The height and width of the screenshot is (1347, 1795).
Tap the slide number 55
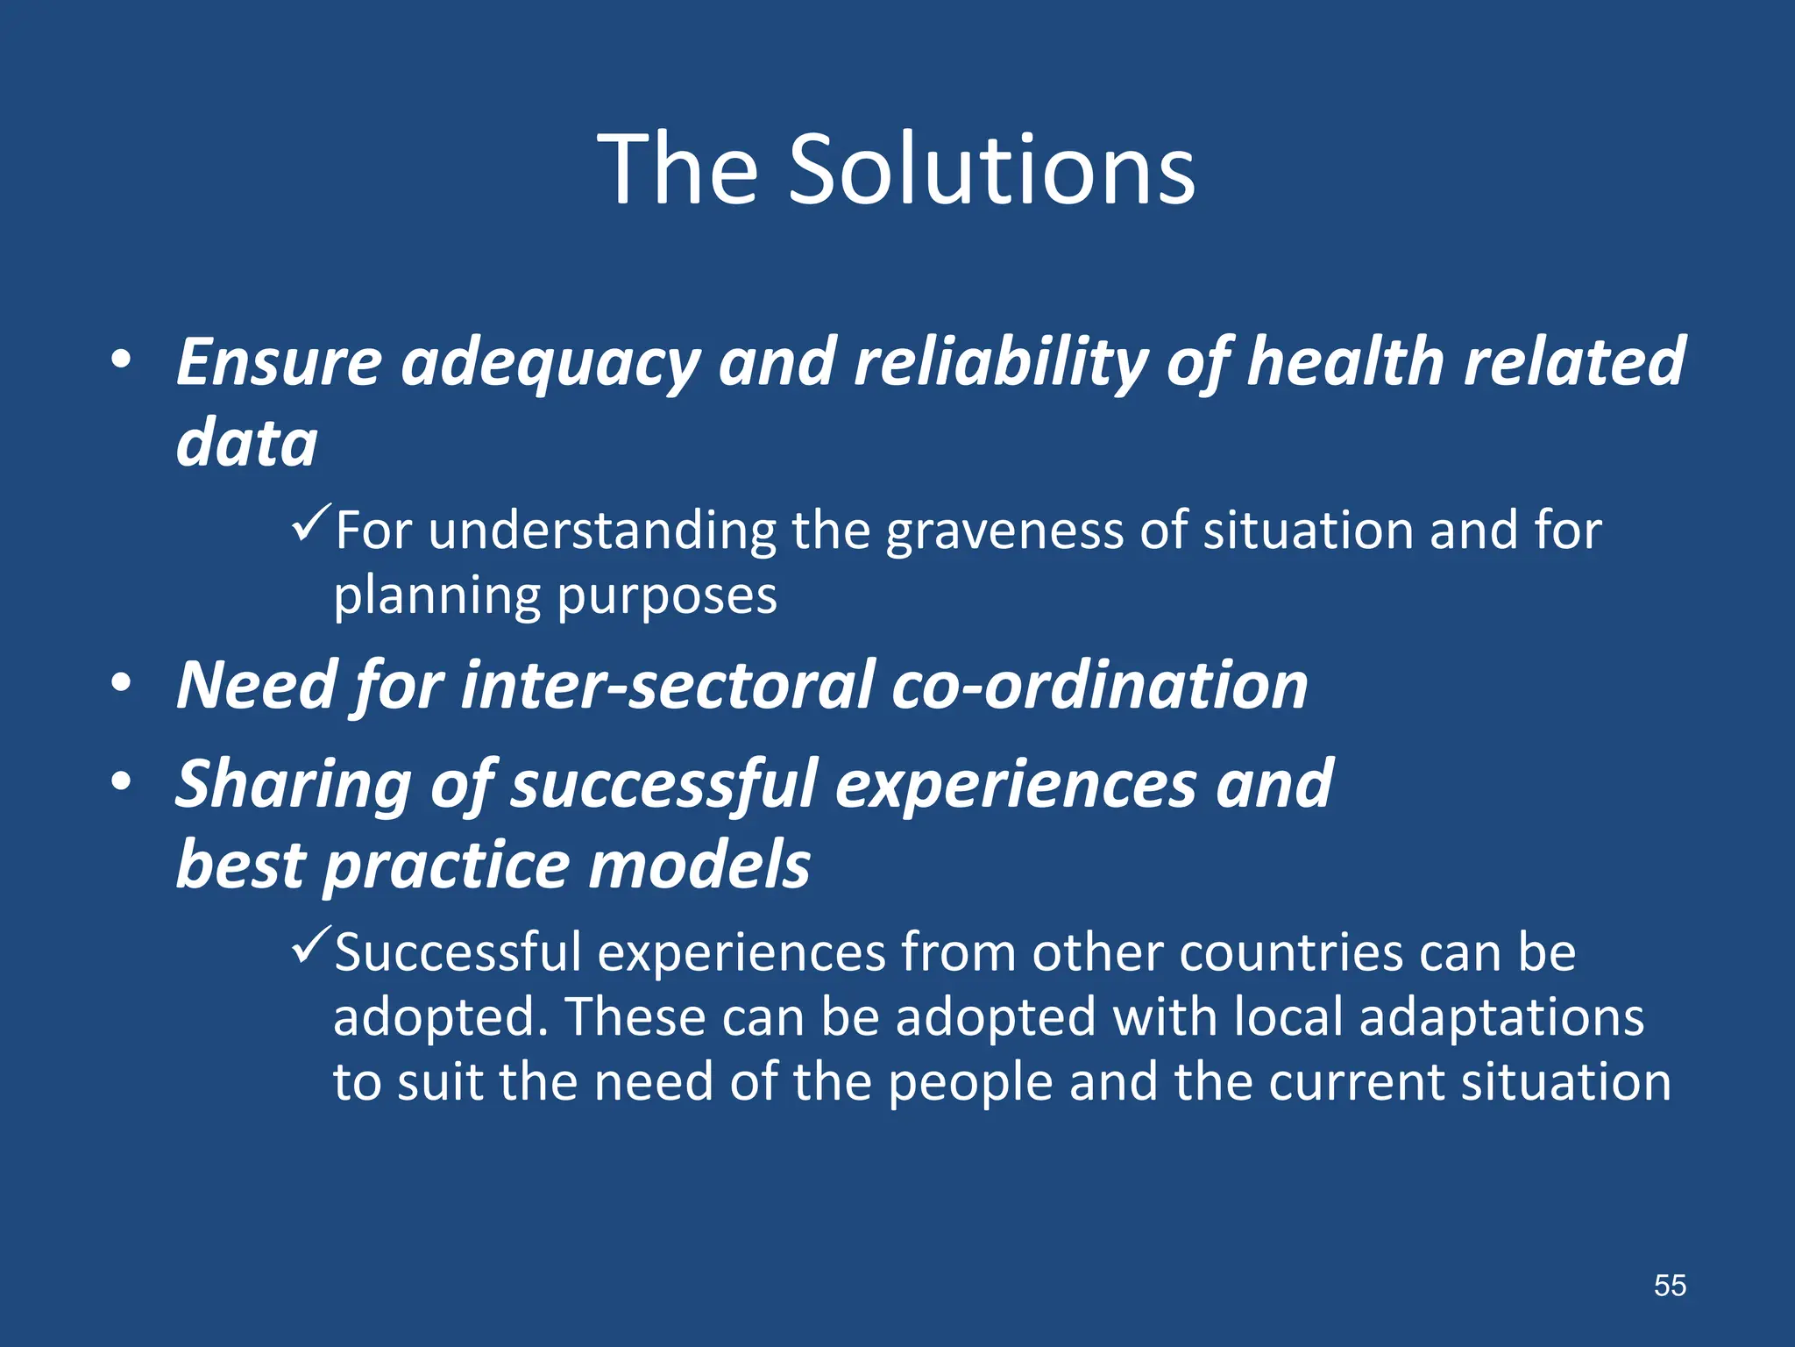tap(1670, 1286)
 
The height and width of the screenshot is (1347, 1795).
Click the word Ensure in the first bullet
tap(279, 361)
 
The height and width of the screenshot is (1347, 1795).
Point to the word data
tap(246, 443)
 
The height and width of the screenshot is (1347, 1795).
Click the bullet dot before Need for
tap(122, 683)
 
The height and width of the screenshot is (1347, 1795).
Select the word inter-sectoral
tap(667, 685)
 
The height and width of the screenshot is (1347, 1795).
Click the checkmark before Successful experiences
tap(311, 944)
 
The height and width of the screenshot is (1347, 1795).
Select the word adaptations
tap(1501, 1017)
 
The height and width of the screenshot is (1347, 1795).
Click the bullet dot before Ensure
tap(122, 360)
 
